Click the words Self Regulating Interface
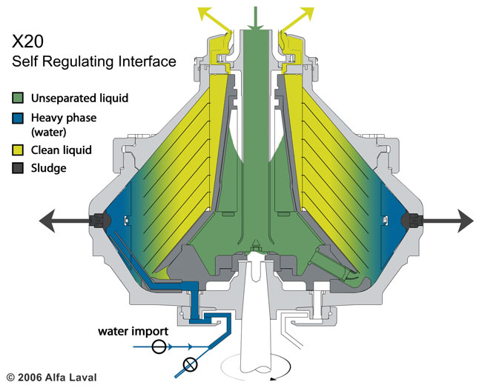[94, 61]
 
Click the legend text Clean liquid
[62, 150]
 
